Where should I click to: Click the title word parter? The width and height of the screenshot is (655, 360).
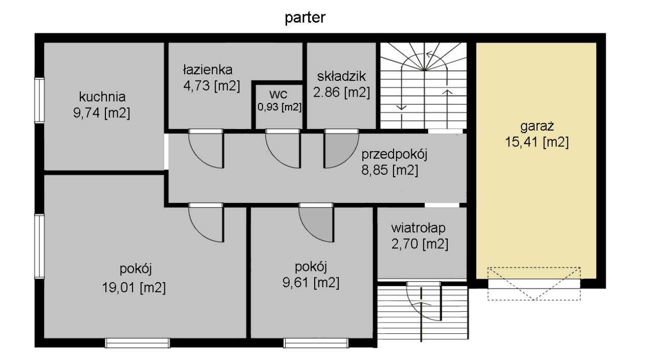point(305,18)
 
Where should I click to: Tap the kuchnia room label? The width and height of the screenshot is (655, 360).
point(102,97)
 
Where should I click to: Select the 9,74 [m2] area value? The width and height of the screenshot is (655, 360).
point(101,113)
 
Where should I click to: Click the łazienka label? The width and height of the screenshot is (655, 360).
point(208,70)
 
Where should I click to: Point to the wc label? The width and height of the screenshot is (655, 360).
point(278,94)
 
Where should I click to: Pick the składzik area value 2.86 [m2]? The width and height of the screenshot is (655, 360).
point(341,92)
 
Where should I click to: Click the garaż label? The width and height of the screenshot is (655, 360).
point(537,126)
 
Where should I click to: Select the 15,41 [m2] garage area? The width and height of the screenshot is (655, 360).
point(537,142)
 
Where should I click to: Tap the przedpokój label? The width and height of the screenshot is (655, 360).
point(395,155)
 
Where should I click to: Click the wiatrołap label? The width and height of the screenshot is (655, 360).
point(419,228)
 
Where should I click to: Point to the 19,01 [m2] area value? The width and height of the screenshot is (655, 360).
point(134,287)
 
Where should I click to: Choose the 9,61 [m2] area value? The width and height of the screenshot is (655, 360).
point(311,283)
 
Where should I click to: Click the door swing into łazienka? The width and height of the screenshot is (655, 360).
point(206,149)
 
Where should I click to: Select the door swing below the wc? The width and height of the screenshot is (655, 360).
point(283,149)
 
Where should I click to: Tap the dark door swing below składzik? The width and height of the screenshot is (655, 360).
point(341,149)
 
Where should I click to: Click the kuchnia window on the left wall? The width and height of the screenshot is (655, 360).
point(39,100)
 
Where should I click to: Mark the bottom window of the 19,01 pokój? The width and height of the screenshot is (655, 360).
point(138,343)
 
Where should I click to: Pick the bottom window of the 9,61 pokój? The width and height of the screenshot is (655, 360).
point(316,343)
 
